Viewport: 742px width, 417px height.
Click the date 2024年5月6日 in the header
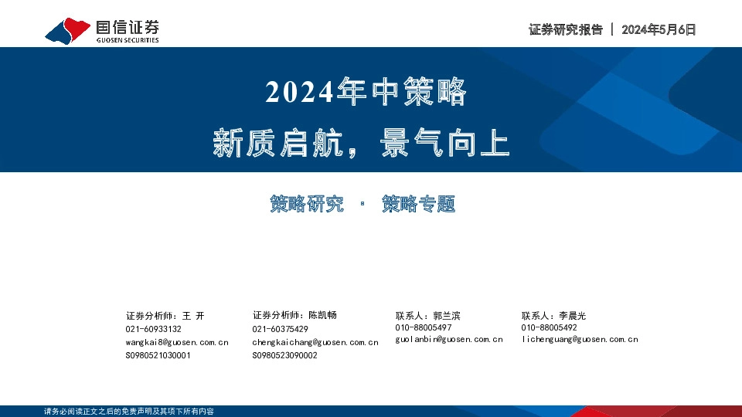click(x=659, y=29)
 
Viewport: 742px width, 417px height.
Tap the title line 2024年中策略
click(x=366, y=93)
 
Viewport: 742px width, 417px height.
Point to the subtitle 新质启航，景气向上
click(x=362, y=144)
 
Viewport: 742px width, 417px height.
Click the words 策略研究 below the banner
click(x=307, y=204)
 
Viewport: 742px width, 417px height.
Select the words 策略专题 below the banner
click(x=418, y=204)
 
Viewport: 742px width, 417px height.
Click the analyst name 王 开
click(x=193, y=316)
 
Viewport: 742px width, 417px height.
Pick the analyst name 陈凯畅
click(x=322, y=315)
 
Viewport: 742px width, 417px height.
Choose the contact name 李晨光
click(x=573, y=315)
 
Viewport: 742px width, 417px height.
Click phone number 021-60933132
click(x=153, y=329)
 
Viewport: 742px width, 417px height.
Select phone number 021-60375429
click(x=280, y=329)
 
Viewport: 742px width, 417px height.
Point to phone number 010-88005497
click(x=423, y=327)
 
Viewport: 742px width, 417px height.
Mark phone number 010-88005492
click(x=549, y=327)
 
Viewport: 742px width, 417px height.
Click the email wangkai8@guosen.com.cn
click(x=176, y=342)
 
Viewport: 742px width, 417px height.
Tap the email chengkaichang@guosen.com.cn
click(x=315, y=342)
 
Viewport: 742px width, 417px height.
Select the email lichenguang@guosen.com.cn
click(x=580, y=339)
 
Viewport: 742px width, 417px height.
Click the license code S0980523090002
click(x=284, y=355)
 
